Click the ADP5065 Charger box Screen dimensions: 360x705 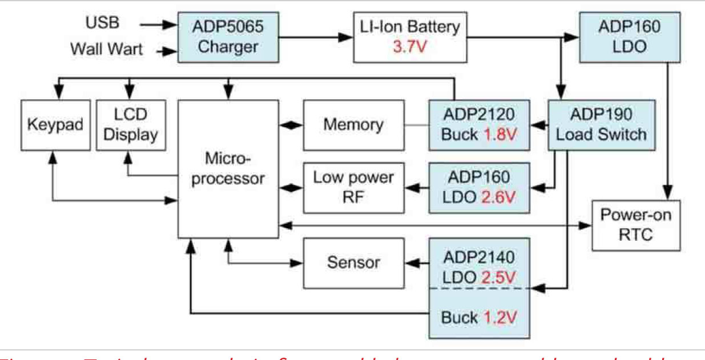228,37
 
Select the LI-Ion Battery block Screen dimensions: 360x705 410,37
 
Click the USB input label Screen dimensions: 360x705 103,24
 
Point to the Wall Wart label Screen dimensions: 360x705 107,49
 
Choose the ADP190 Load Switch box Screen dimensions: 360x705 601,125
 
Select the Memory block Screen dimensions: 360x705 353,125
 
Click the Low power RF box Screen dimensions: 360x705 353,188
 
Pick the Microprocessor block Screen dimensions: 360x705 228,169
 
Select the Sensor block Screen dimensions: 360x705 353,262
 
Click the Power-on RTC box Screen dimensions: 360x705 636,225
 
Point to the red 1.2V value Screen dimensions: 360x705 504,317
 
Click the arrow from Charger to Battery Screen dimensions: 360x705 315,38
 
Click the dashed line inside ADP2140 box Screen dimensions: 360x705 481,289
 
